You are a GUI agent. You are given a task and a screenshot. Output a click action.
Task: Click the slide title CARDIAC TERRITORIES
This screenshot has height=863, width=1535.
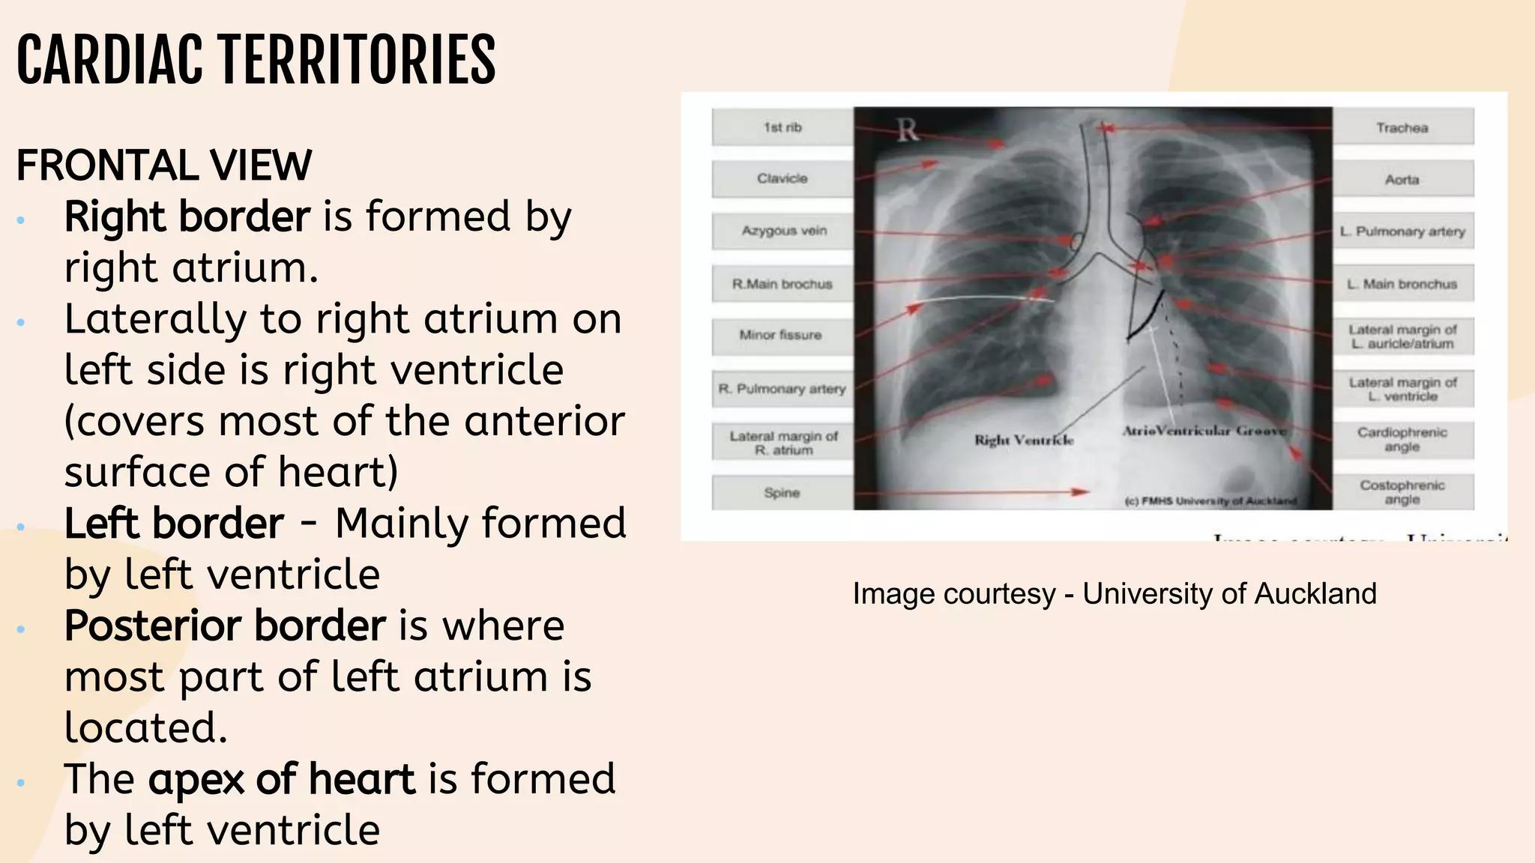point(256,60)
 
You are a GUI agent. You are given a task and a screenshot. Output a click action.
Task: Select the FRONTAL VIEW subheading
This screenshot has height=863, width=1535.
point(163,166)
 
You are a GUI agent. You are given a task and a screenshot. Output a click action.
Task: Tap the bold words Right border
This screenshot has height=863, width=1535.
point(187,216)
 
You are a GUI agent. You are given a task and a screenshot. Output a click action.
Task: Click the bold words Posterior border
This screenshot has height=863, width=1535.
point(225,626)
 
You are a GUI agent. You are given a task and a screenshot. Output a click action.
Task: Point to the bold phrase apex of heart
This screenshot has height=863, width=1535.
point(281,779)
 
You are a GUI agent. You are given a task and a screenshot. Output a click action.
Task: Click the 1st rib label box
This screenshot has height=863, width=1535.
point(782,127)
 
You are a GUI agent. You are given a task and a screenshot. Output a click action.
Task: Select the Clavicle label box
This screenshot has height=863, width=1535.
point(782,178)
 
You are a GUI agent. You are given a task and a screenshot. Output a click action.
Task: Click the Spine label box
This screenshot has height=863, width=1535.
point(782,493)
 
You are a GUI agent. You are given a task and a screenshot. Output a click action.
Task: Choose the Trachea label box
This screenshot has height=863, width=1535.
point(1402,127)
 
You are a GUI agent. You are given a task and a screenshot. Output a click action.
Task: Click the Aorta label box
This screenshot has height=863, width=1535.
point(1402,179)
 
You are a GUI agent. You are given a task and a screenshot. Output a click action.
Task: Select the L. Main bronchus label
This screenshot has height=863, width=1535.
point(1402,284)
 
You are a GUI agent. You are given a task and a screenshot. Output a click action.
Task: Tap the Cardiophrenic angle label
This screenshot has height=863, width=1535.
point(1402,440)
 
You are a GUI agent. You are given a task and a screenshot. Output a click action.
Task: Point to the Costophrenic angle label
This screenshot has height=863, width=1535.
point(1402,492)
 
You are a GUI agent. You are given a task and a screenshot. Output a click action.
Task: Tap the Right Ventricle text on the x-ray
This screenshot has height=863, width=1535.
point(1024,440)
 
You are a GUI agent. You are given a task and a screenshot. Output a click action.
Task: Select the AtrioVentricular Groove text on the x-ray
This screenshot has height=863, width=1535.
point(1204,431)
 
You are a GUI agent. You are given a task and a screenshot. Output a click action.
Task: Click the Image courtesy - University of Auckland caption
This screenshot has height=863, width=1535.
point(1115,594)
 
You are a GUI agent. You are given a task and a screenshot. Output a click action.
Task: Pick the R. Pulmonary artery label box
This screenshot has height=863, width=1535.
point(782,389)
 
